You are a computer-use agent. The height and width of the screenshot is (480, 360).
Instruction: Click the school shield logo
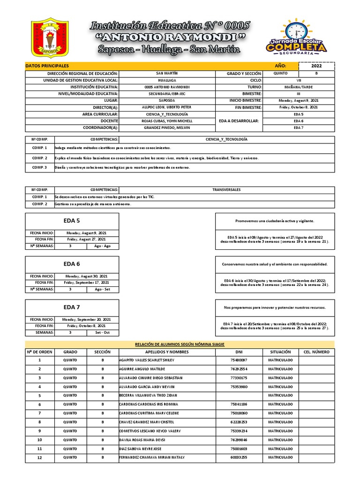coord(49,38)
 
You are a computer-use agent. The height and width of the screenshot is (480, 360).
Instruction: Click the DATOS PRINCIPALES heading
coord(47,66)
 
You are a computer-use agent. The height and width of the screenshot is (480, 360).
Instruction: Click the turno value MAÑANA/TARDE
coord(298,87)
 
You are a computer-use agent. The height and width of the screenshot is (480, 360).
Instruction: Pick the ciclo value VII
coord(298,81)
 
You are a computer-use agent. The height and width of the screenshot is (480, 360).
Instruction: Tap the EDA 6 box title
coord(72,264)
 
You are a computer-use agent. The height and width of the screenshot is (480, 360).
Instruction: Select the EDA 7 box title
coord(72,307)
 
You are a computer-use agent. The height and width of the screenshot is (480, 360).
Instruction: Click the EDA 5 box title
coord(72,220)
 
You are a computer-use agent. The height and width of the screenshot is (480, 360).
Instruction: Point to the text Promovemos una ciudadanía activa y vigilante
coord(275,221)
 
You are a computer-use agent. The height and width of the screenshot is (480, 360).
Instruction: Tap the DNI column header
coord(239,352)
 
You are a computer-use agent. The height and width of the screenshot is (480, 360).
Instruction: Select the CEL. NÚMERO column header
coord(316,352)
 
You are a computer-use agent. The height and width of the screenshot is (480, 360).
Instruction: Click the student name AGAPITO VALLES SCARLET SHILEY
coord(146,360)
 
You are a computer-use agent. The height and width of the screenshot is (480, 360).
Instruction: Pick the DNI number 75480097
coord(239,360)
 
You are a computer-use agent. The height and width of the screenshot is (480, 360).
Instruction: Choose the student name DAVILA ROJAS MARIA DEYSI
coord(142,440)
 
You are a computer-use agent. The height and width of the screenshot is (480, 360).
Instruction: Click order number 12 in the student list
coord(39,457)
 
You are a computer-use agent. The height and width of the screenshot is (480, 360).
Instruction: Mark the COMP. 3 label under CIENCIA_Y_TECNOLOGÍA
coord(39,167)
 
